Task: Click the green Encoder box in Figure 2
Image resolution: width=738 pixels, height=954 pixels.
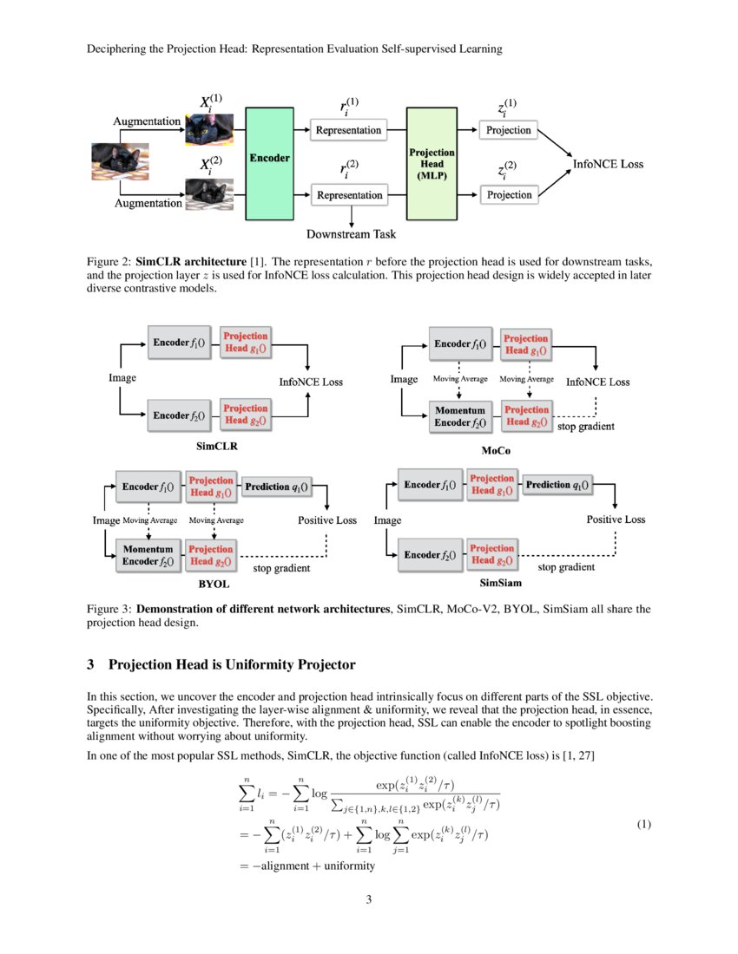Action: tap(270, 162)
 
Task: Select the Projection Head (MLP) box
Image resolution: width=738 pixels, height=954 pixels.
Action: tap(432, 163)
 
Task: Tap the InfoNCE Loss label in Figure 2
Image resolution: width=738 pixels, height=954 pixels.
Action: tap(608, 163)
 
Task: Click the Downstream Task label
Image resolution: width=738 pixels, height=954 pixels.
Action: tap(352, 233)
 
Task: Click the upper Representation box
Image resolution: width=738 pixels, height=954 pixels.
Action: tap(349, 130)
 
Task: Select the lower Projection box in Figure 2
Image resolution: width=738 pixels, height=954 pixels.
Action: tap(509, 195)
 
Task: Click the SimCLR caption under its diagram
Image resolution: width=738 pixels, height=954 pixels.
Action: tap(217, 447)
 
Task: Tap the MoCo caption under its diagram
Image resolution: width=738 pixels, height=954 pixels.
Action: tap(496, 451)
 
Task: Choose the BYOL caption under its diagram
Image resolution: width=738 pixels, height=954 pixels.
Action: tap(214, 585)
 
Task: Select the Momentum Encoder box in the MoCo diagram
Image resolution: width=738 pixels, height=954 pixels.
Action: tap(460, 415)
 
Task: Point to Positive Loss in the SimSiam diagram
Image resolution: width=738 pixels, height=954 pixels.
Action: tap(616, 519)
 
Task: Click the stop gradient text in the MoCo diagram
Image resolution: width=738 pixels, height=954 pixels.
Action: tap(585, 427)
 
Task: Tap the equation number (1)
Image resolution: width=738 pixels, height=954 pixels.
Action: tap(643, 824)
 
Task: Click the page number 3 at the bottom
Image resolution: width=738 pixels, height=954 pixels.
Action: tap(369, 899)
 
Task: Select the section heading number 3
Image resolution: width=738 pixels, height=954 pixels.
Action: tap(90, 665)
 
